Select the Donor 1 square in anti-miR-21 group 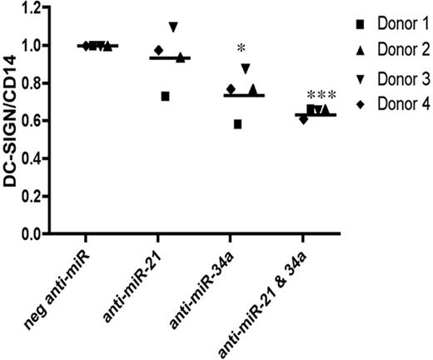pos(166,97)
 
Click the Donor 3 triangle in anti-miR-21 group pos(173,27)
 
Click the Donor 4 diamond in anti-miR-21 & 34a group pos(303,119)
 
